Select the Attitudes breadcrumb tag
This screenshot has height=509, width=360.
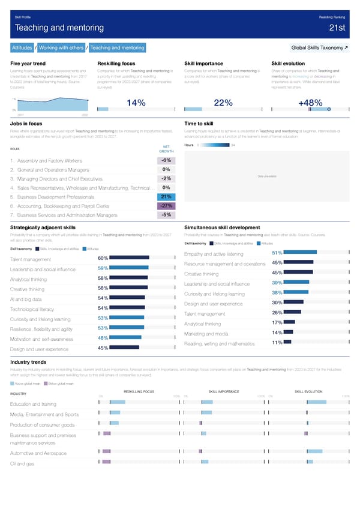click(x=22, y=47)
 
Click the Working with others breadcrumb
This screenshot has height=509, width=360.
click(x=62, y=47)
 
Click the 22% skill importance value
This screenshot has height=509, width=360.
click(x=223, y=103)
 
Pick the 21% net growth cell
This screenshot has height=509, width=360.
click(x=166, y=196)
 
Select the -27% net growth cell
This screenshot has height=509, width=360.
click(x=166, y=205)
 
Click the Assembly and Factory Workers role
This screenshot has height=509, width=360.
click(x=50, y=161)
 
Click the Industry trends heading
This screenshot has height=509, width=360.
click(x=28, y=362)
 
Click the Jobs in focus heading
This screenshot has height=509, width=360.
click(x=27, y=123)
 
